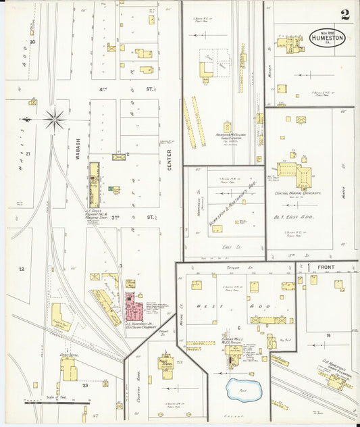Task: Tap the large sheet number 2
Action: pyautogui.click(x=344, y=14)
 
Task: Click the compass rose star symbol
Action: pyautogui.click(x=54, y=119)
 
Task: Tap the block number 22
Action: pyautogui.click(x=22, y=269)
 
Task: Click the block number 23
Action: pyautogui.click(x=85, y=384)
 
